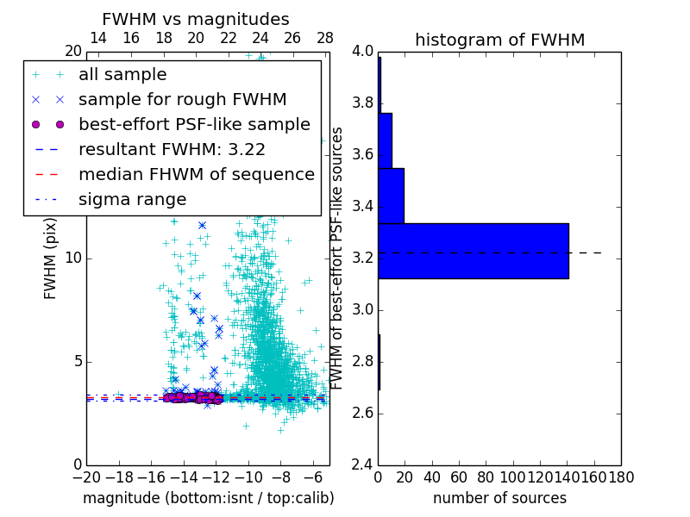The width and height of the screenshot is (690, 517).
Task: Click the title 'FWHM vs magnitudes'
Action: pos(196,19)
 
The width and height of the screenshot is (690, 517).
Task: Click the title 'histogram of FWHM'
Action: pos(499,40)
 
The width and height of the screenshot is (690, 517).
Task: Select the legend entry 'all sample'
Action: pos(122,75)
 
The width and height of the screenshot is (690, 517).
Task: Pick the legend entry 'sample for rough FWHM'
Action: pos(182,99)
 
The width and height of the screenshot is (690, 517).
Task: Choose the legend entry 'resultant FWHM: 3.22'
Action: pos(172,149)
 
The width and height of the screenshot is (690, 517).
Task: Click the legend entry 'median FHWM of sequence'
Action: pos(196,174)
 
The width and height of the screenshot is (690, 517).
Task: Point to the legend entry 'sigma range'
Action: pos(132,199)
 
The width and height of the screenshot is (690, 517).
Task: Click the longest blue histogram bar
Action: pos(474,251)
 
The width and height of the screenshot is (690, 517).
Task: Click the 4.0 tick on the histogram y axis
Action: pos(362,52)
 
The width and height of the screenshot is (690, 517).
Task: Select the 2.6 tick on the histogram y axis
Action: pos(362,414)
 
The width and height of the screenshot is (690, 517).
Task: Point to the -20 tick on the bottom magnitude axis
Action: pos(86,476)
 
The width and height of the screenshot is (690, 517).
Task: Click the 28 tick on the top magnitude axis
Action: pos(325,38)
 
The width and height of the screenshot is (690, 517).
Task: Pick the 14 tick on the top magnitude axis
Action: pos(98,38)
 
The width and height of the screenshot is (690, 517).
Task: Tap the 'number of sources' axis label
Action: pos(499,498)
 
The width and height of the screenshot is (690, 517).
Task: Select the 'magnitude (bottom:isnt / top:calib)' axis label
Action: pos(208,498)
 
